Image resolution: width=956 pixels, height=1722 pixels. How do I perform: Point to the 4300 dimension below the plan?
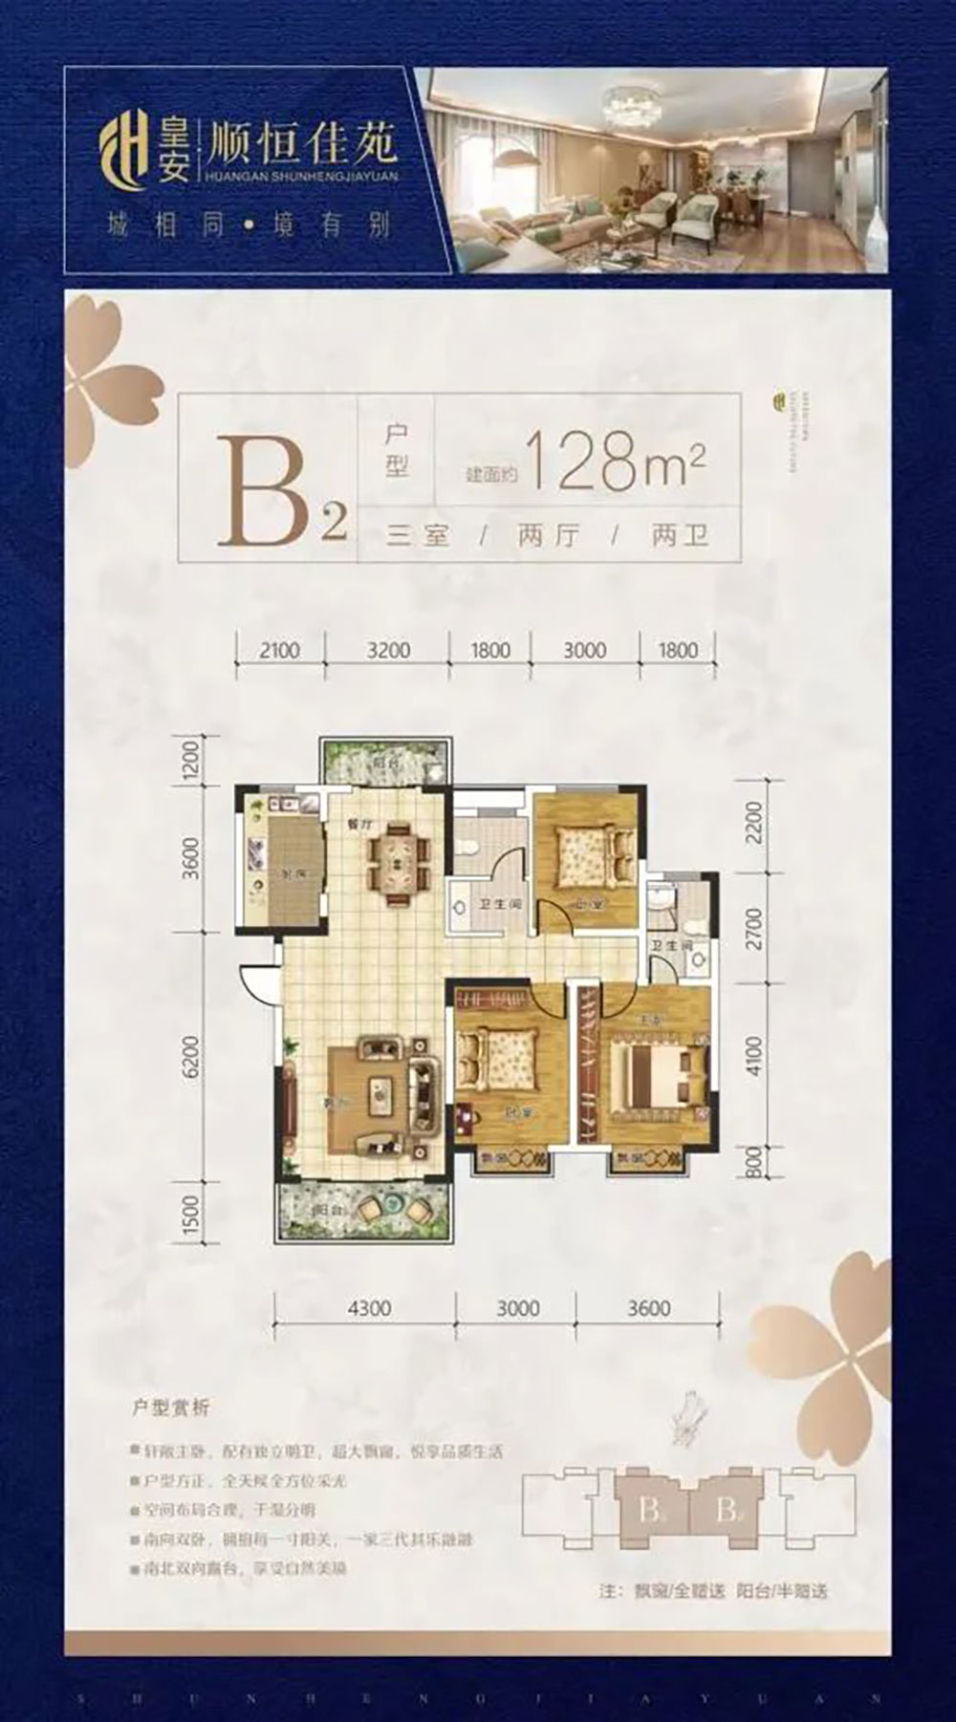(368, 1308)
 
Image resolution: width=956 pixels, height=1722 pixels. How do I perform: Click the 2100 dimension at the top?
(278, 651)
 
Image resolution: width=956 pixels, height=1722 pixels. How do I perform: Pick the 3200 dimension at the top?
(388, 651)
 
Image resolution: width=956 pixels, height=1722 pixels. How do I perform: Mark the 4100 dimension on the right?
(754, 1057)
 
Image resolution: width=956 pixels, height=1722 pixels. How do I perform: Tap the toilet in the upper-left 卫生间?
(467, 847)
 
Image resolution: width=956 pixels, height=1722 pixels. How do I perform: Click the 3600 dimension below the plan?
(649, 1308)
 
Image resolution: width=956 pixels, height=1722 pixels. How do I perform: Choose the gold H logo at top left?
(123, 158)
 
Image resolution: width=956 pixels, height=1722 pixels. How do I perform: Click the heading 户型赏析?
(170, 1408)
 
